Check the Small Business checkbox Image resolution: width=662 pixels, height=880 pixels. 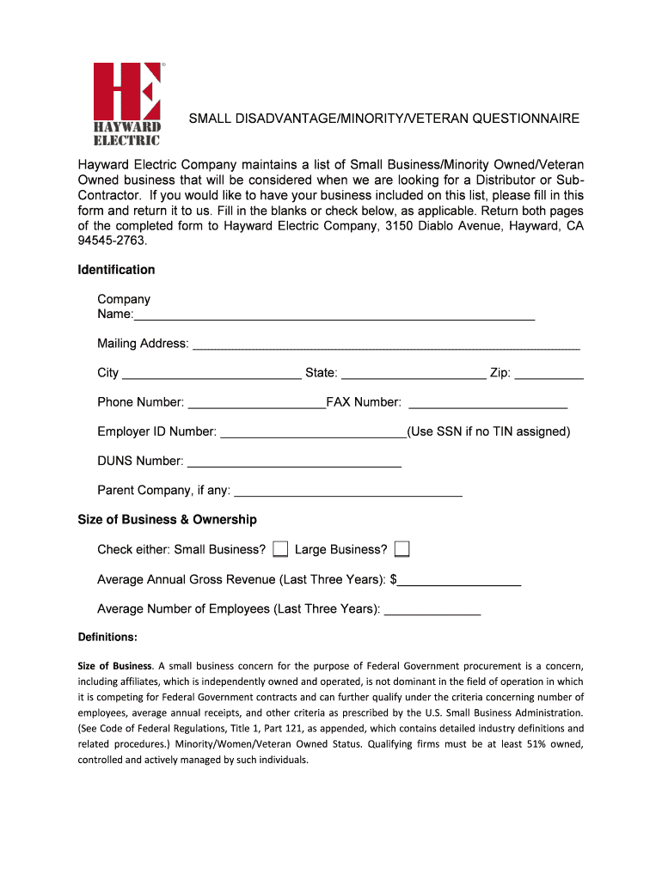tap(280, 549)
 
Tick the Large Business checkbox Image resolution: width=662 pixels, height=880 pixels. tap(401, 549)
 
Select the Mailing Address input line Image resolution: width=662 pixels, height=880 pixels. tap(386, 345)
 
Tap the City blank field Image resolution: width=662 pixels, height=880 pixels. tap(211, 374)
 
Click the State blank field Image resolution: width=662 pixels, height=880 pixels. tap(414, 374)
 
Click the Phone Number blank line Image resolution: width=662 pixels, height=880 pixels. tap(256, 403)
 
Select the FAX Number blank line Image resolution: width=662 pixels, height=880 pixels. tap(487, 403)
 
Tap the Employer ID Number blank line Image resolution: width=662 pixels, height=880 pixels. tap(313, 432)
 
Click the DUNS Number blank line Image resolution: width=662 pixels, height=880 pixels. tap(294, 461)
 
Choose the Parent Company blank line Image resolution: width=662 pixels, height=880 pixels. tap(348, 492)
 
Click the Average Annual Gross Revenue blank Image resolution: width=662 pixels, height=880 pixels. tap(459, 580)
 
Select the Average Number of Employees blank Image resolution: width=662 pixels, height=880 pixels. tap(432, 609)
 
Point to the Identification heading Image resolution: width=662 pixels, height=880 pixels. tap(116, 270)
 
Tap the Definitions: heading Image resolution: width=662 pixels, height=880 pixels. tap(107, 638)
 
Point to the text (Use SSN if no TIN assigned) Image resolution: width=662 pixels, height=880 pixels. tap(488, 431)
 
